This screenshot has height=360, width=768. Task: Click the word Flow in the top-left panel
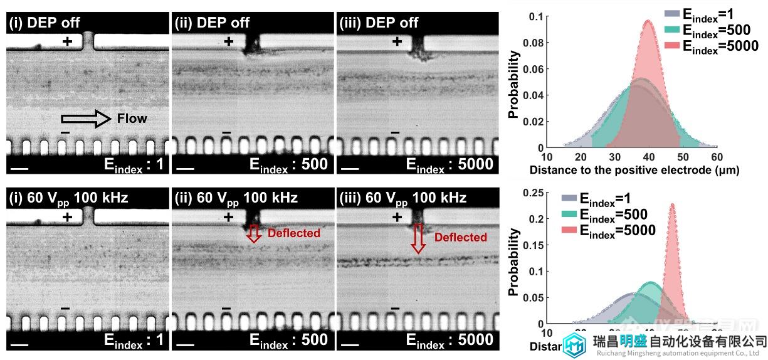(132, 118)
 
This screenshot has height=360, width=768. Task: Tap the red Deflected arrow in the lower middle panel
(253, 233)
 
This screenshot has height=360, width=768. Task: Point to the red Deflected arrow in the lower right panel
(418, 239)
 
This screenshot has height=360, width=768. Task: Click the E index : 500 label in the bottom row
(288, 340)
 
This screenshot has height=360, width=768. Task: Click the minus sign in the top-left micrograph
(65, 132)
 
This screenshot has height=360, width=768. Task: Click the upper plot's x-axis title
(634, 170)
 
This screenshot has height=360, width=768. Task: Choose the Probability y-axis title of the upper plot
(513, 85)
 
